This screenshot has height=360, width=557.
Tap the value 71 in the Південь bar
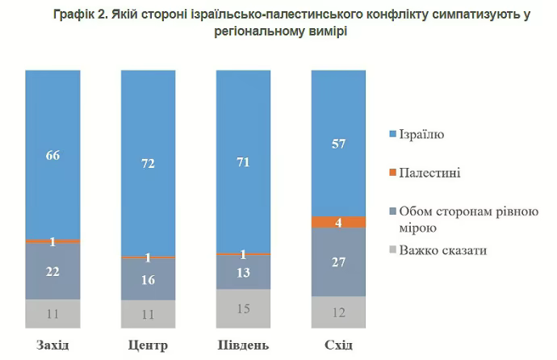tap(243, 162)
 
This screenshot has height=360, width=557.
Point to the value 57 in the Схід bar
tap(338, 144)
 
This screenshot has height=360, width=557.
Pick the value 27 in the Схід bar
tap(338, 262)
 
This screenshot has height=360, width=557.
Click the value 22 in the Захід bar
tap(52, 272)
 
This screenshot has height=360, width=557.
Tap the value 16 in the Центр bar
tap(148, 280)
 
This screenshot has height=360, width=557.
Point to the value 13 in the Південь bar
tap(243, 273)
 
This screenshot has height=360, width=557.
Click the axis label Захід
tap(52, 346)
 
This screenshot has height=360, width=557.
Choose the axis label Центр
tap(148, 346)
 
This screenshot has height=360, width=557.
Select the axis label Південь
tap(243, 346)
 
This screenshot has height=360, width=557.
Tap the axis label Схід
tap(338, 346)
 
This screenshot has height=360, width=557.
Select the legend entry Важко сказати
tap(442, 251)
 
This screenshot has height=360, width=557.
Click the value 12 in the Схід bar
tap(338, 312)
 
